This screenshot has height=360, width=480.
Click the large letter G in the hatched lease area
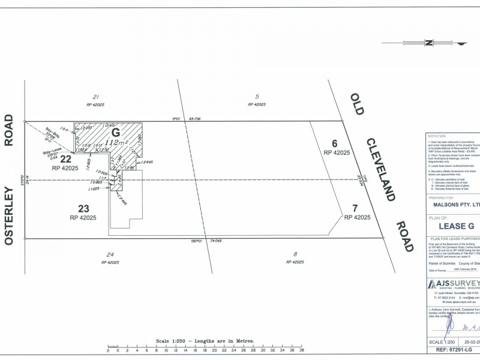tap(116, 132)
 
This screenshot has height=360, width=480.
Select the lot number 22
tap(65, 160)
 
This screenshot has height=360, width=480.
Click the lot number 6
tap(335, 143)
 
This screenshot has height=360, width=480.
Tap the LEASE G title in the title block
tap(457, 226)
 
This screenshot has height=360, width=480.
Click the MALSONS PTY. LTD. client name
tap(453, 205)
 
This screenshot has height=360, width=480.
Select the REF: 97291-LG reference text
tap(455, 348)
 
